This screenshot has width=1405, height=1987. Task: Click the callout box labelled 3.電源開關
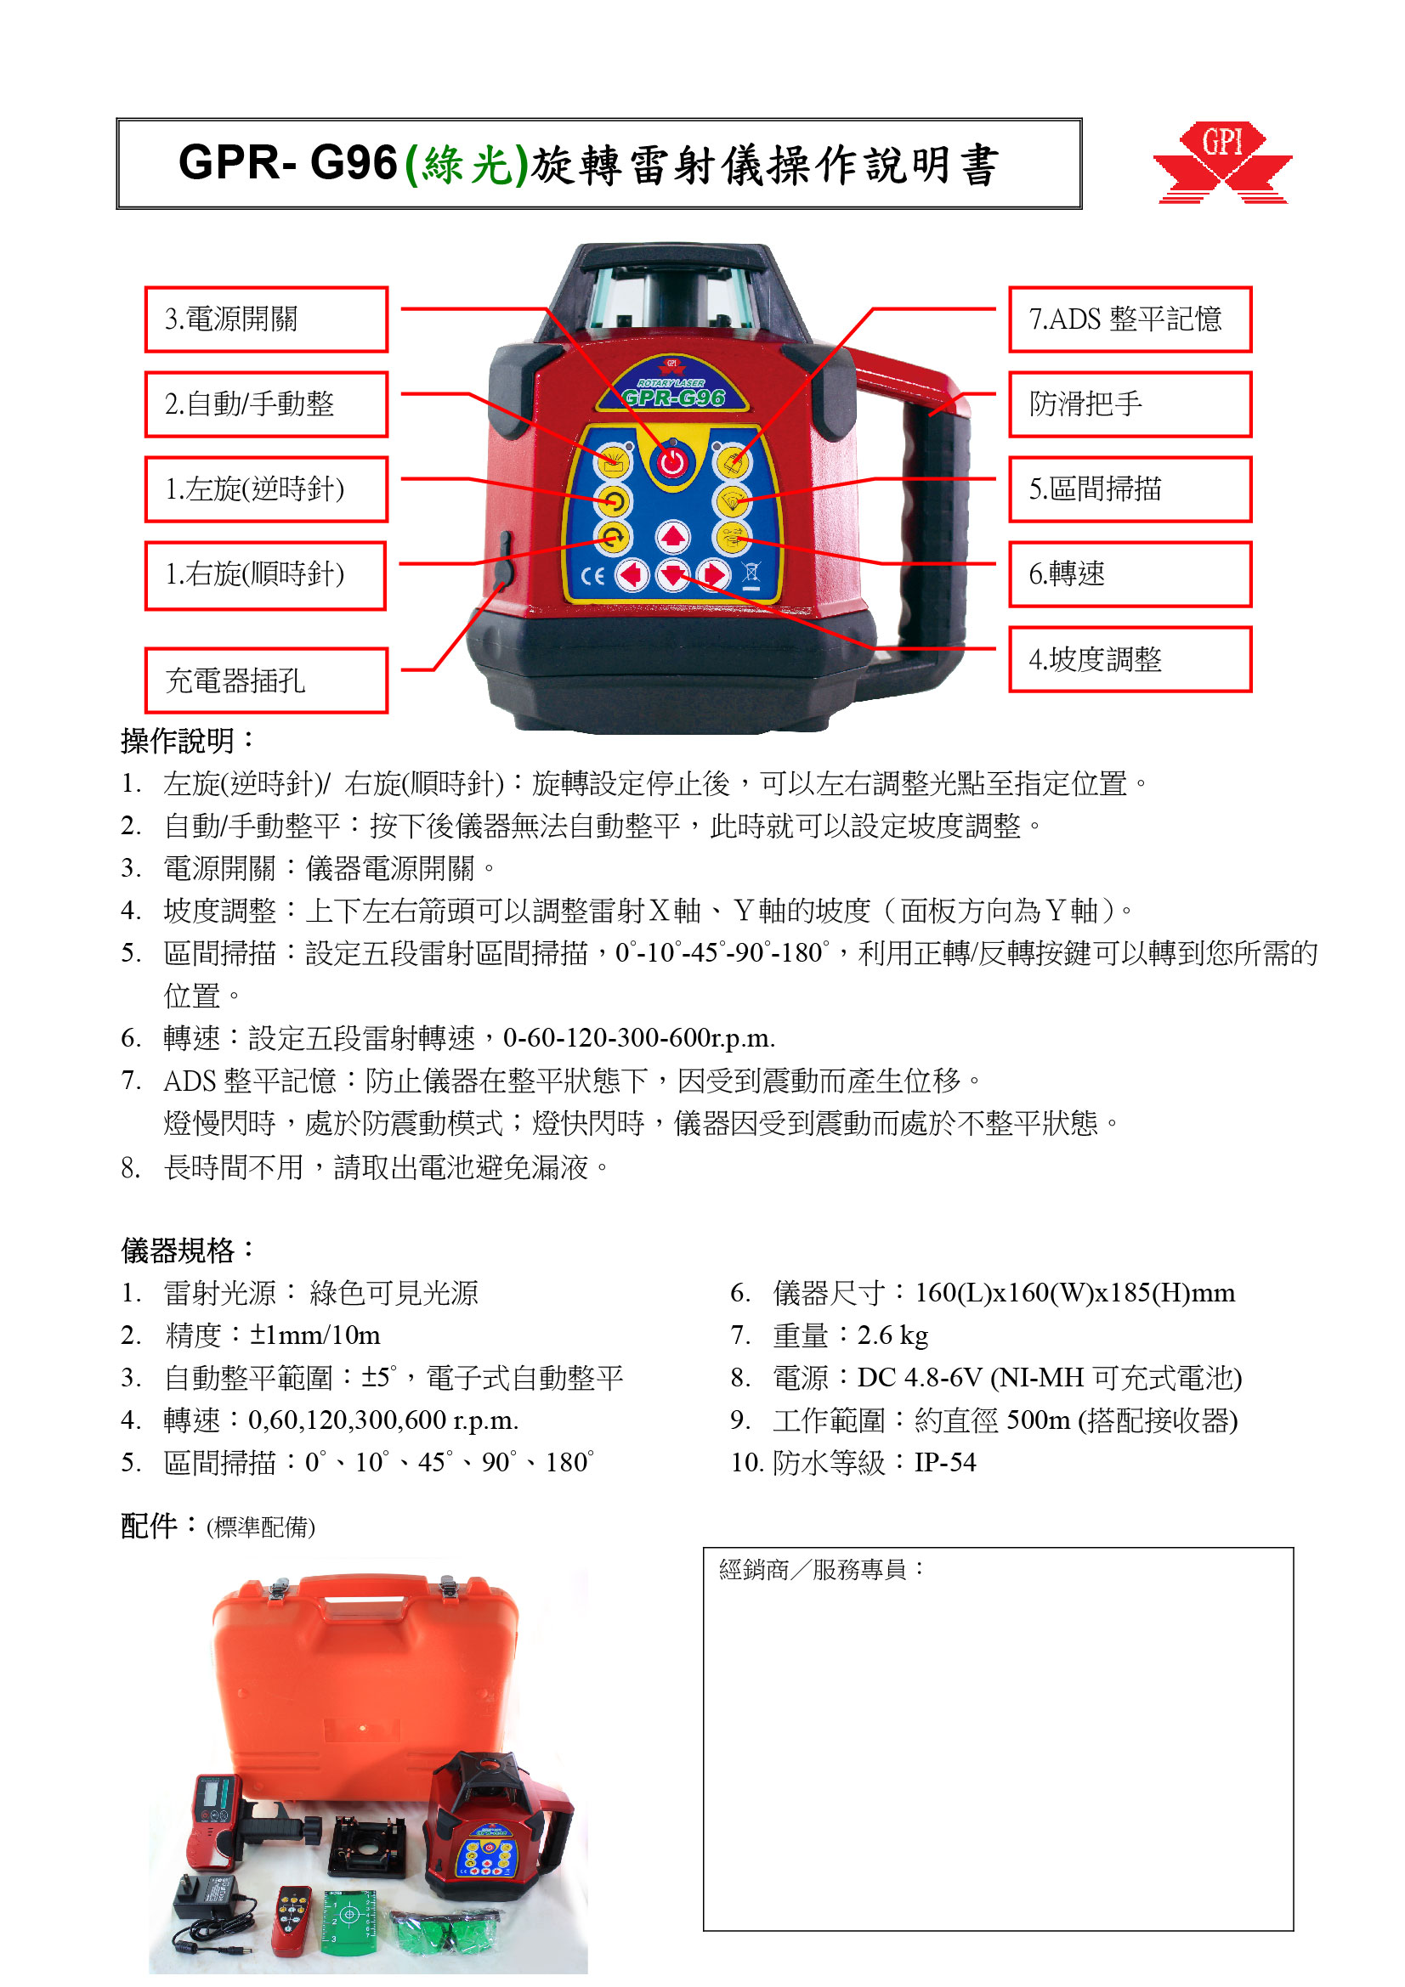(x=266, y=319)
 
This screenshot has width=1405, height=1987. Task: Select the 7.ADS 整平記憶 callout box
(x=1129, y=319)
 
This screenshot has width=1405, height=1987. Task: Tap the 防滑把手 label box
(x=1129, y=404)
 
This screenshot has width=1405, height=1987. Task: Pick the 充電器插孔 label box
(x=266, y=680)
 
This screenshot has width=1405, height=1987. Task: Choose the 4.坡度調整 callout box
(x=1129, y=659)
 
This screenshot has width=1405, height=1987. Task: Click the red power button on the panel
(x=671, y=462)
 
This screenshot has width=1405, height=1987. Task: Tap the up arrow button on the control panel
(x=671, y=538)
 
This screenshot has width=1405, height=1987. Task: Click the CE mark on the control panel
(x=592, y=576)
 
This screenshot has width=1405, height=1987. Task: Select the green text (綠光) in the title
(x=466, y=165)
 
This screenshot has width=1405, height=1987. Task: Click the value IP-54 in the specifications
(x=944, y=1463)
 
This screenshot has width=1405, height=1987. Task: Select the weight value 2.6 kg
(x=892, y=1335)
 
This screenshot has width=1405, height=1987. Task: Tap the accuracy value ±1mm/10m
(x=315, y=1335)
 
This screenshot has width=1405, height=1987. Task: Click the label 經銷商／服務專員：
(x=822, y=1569)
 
